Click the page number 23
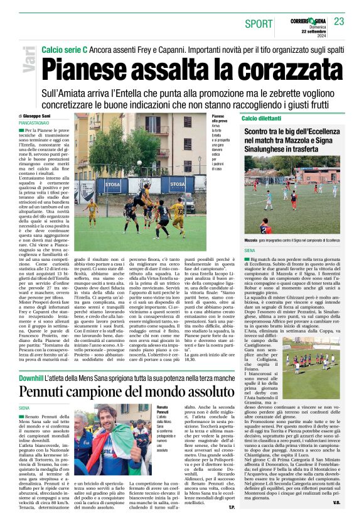point(339,22)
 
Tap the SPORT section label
point(259,24)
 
